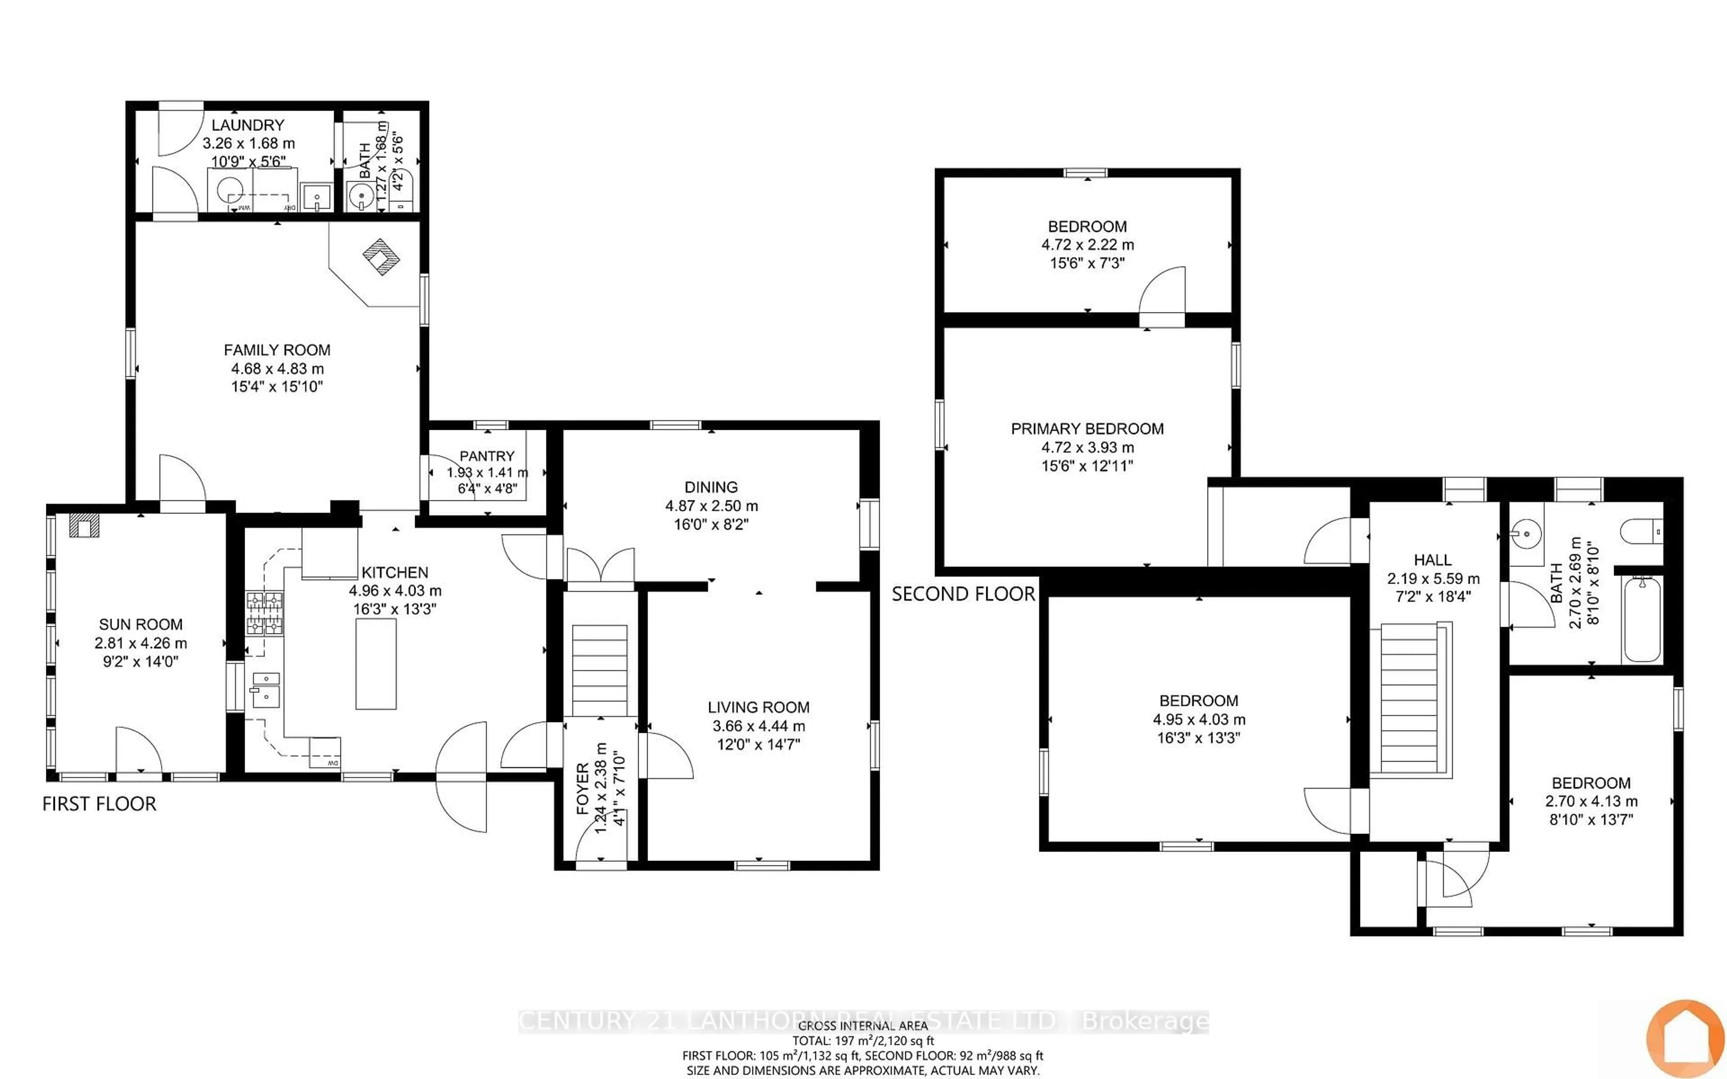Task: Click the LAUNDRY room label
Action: tap(248, 125)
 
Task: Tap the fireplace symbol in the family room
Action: tap(382, 257)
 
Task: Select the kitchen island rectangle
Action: tap(376, 664)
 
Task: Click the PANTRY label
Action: tap(487, 456)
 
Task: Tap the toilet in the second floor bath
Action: tap(1642, 532)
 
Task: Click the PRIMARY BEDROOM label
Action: tap(1087, 429)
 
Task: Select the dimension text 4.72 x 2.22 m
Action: tap(1087, 245)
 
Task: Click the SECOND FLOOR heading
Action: tap(963, 594)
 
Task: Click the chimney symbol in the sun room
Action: tap(84, 526)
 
